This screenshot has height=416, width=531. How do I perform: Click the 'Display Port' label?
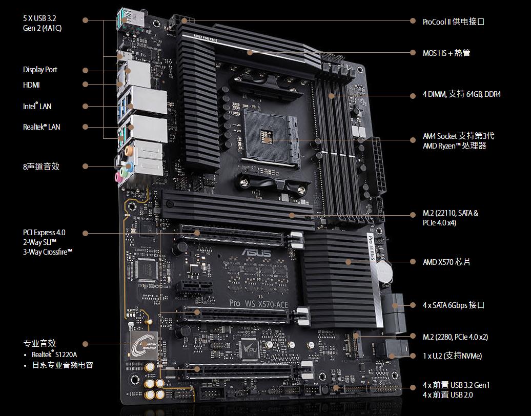point(40,70)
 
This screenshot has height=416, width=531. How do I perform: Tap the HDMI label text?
point(31,85)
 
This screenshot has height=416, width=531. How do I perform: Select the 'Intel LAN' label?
point(37,106)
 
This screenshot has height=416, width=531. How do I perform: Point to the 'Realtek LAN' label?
point(42,127)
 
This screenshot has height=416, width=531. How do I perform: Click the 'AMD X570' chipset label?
point(446,262)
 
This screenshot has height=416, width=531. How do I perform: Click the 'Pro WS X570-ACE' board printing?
point(258,304)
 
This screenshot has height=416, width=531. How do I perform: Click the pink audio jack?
point(118,177)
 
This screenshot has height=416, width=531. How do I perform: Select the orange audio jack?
point(128,150)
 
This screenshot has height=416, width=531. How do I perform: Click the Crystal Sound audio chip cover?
point(144,345)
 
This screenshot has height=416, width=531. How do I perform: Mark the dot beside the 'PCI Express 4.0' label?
point(85,233)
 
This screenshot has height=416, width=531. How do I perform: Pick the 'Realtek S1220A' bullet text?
point(54,355)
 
